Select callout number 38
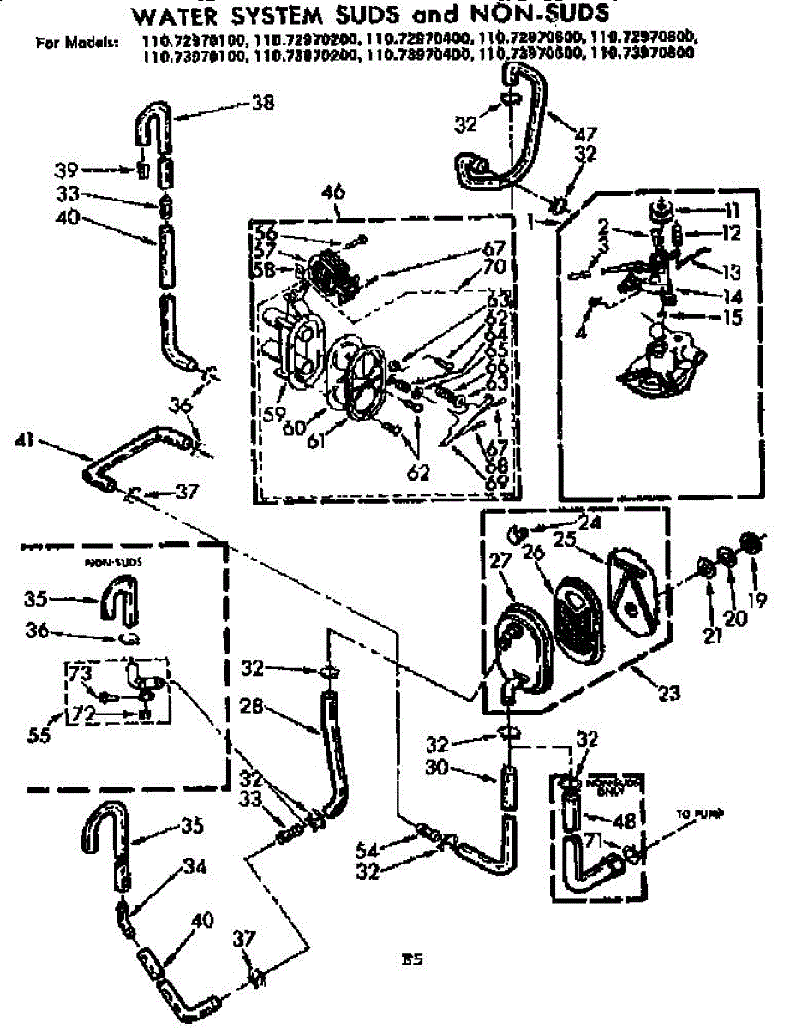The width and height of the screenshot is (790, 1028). (262, 102)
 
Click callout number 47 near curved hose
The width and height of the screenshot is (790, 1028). (587, 134)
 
